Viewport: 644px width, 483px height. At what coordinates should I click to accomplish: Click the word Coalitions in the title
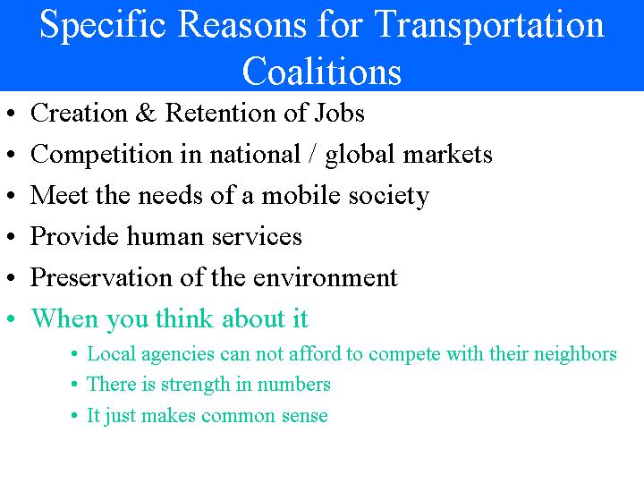click(x=322, y=71)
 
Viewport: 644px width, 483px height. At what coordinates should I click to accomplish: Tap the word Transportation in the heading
click(x=488, y=25)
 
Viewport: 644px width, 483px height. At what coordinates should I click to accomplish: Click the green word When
click(x=64, y=318)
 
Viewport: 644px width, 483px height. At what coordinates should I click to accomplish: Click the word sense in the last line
click(x=306, y=416)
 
